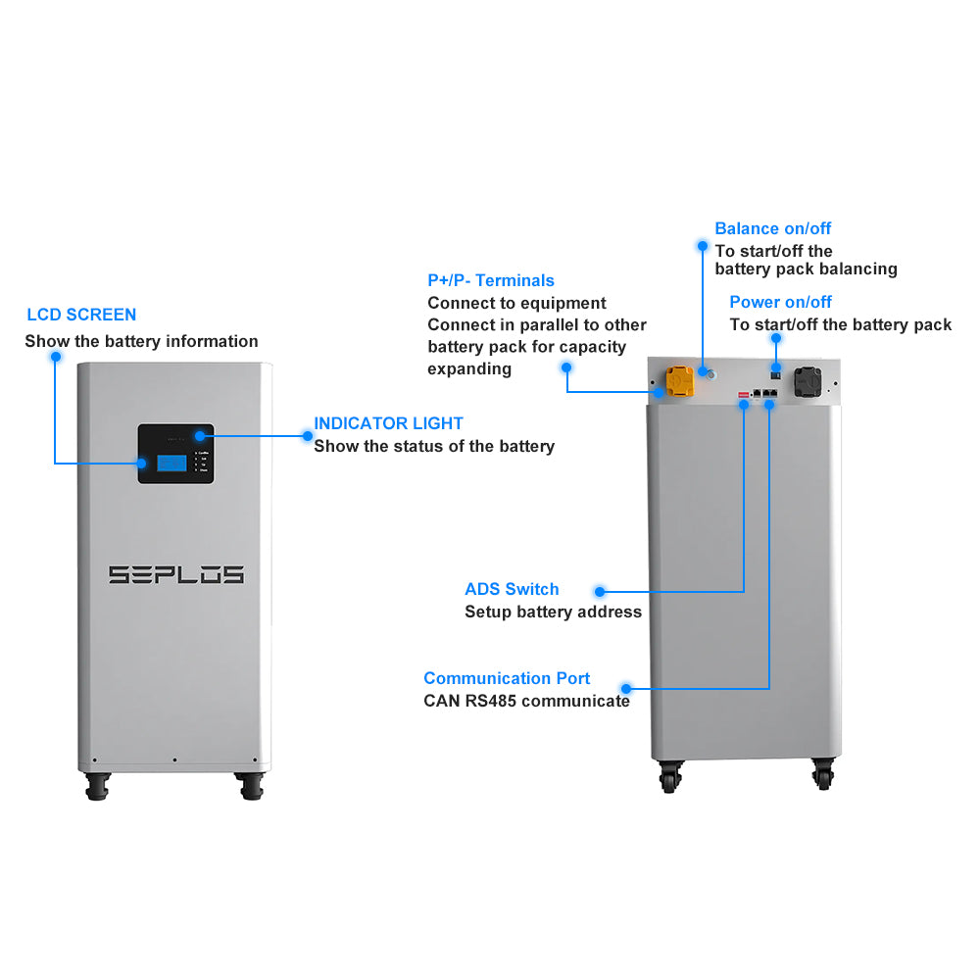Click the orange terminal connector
[x=679, y=380]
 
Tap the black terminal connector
[x=808, y=380]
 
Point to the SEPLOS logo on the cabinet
[x=175, y=574]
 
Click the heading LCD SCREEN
[x=81, y=315]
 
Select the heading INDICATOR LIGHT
[x=388, y=423]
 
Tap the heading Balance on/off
[x=772, y=228]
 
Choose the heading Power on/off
[x=780, y=302]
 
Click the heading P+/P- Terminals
[x=491, y=280]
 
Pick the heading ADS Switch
[x=512, y=589]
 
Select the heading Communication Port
[x=507, y=678]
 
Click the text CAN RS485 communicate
[x=526, y=701]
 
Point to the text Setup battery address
[x=553, y=612]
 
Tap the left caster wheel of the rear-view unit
[x=669, y=776]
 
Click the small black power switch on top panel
[x=776, y=370]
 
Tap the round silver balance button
[x=710, y=374]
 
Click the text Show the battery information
[x=141, y=341]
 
